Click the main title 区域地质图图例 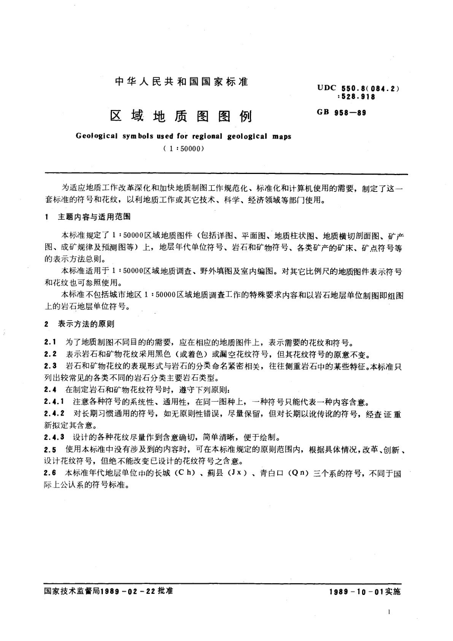[x=181, y=116]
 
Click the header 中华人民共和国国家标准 [x=181, y=82]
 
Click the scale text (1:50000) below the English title [x=181, y=149]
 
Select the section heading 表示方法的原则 [x=86, y=324]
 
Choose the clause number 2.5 [x=50, y=450]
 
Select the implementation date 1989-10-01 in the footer [x=355, y=592]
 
